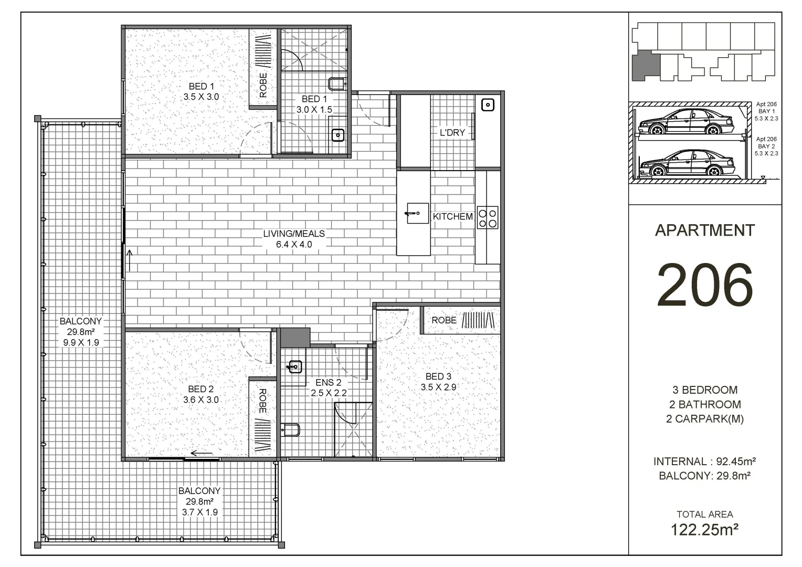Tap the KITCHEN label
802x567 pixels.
point(452,216)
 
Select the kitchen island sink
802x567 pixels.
point(417,213)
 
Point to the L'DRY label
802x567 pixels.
point(452,133)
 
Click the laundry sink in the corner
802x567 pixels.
point(488,105)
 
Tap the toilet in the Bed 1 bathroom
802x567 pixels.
point(336,83)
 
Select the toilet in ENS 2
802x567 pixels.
point(290,430)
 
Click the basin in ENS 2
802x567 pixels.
point(295,366)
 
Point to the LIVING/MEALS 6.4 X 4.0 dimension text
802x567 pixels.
point(294,244)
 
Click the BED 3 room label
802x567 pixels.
point(438,376)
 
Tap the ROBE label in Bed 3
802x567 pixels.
point(444,320)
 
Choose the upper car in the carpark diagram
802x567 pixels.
point(685,122)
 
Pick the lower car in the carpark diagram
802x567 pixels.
point(685,164)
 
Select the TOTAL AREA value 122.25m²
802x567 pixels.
point(705,530)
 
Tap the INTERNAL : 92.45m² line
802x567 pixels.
point(704,461)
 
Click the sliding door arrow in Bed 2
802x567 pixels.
point(202,454)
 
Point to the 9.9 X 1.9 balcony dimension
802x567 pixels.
point(80,342)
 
